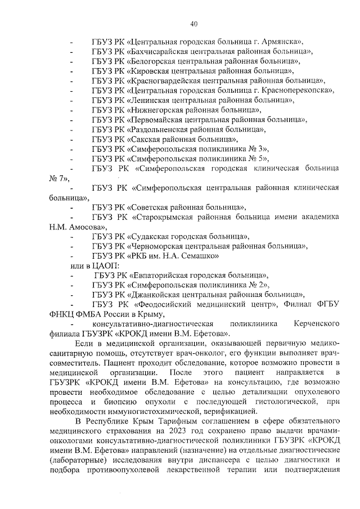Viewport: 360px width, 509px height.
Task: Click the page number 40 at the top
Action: coord(194,24)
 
